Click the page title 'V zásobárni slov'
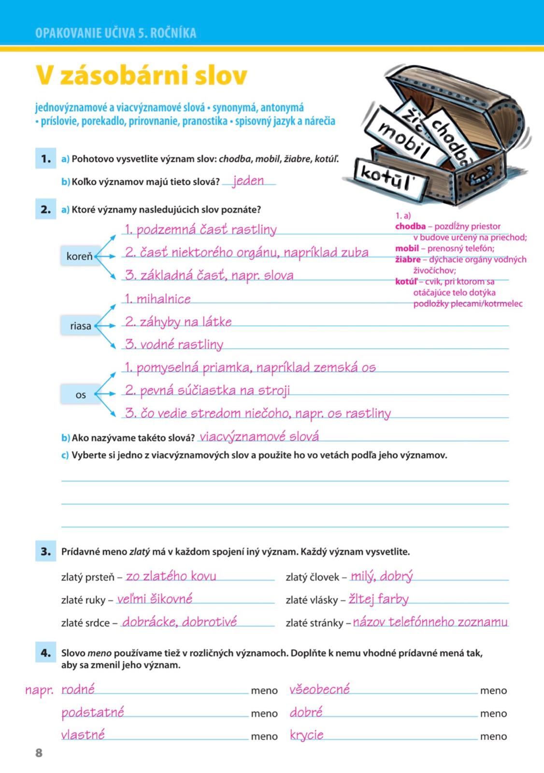pos(141,75)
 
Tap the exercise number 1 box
pos(45,158)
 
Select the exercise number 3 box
pos(45,551)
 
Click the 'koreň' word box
pos(80,256)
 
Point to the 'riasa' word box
pos(80,326)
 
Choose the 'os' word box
pos(80,395)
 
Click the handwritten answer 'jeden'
pos(248,181)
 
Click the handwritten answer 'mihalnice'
pos(157,299)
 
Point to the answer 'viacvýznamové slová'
pos(259,437)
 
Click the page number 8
pos(39,753)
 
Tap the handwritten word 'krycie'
pos(307,735)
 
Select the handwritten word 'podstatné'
pos(93,712)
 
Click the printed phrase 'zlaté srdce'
pos(86,623)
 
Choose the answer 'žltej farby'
pos(379,600)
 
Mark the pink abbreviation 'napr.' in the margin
pos(39,690)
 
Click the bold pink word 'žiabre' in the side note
pos(408,259)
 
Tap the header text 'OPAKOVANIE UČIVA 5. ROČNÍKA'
pos(116,33)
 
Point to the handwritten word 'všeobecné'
pos(319,689)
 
